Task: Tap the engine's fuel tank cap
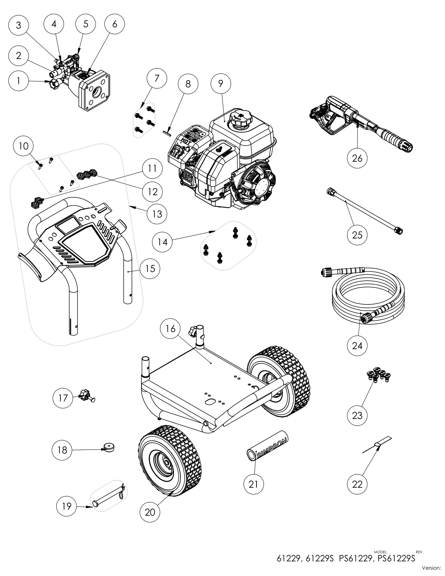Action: pyautogui.click(x=239, y=119)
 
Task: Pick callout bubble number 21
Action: pyautogui.click(x=253, y=484)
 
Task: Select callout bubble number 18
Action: pyautogui.click(x=62, y=450)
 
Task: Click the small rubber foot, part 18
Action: pyautogui.click(x=110, y=447)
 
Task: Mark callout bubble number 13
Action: pyautogui.click(x=157, y=213)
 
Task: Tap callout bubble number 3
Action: pyautogui.click(x=19, y=25)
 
